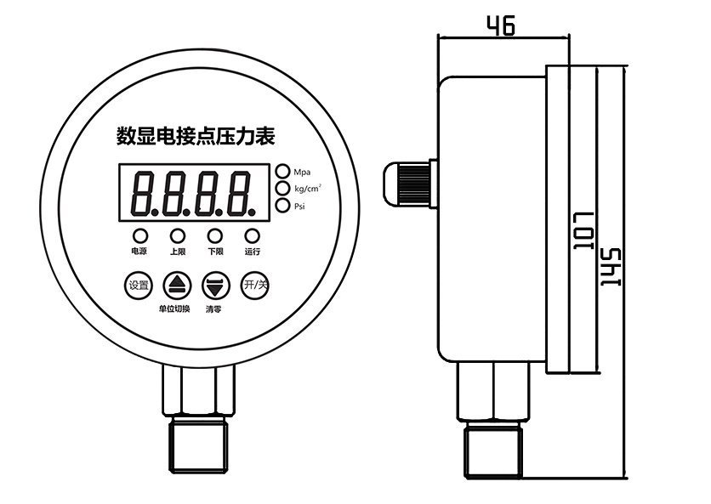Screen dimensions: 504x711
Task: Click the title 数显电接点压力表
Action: click(195, 135)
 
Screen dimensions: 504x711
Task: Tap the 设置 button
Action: click(138, 285)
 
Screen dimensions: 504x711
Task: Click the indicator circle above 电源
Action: click(139, 235)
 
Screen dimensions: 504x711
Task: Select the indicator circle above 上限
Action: click(177, 235)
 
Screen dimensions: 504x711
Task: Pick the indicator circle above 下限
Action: click(215, 235)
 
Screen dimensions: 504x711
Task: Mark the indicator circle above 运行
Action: click(252, 235)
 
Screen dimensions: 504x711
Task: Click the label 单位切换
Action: click(174, 309)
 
